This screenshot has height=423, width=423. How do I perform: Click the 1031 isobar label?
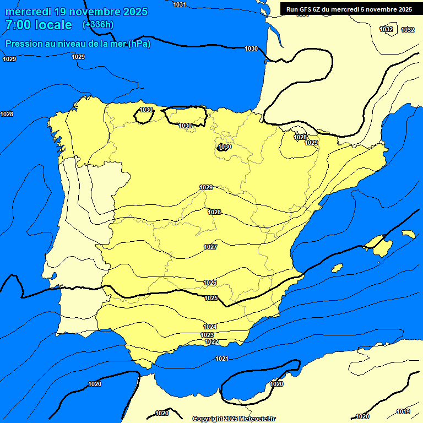[180, 4]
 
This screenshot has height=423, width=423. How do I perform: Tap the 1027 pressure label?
[210, 247]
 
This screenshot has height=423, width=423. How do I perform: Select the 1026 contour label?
[210, 283]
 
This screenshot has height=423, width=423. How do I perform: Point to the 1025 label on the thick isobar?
[211, 298]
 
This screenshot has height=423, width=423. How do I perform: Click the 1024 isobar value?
[210, 327]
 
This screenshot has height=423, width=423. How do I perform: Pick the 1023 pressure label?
[207, 335]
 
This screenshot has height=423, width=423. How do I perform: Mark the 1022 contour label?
[211, 341]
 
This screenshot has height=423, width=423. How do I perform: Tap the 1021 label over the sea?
[222, 359]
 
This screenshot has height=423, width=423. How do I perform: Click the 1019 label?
[403, 411]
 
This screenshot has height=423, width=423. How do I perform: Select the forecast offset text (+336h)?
[97, 24]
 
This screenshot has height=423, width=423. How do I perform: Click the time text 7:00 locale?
[39, 25]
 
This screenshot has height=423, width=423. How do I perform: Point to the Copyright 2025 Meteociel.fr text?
[234, 419]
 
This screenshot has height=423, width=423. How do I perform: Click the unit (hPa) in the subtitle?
[139, 44]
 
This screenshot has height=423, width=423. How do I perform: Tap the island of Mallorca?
[379, 245]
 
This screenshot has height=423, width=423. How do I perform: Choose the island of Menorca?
[409, 234]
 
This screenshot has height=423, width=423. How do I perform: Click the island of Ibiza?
[337, 268]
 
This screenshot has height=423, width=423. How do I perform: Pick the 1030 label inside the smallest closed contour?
[225, 147]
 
